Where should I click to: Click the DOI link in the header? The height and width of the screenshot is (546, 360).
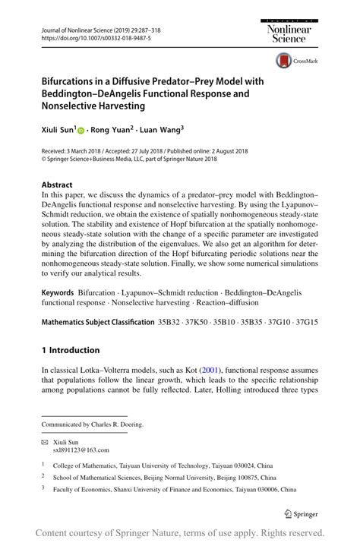(x=85, y=37)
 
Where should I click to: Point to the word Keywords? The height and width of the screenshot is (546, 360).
(x=58, y=292)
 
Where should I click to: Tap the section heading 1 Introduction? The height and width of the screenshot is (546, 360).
(x=70, y=351)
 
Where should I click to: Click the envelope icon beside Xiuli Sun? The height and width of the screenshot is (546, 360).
(x=44, y=440)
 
